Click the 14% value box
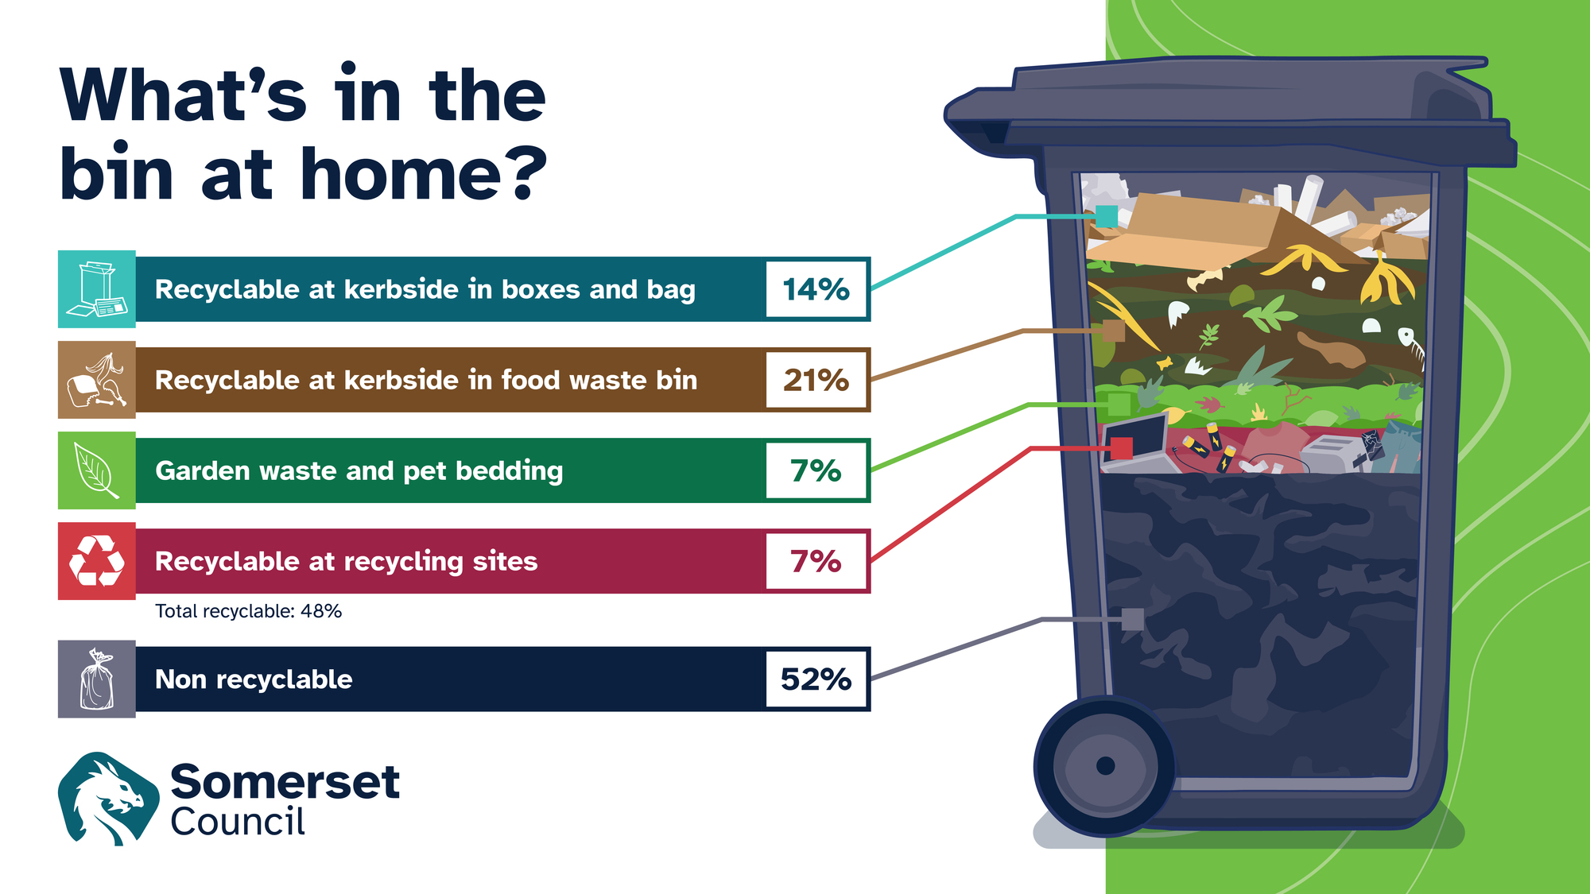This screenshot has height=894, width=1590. [816, 289]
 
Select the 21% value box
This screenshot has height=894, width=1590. [816, 380]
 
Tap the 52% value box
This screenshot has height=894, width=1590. [816, 679]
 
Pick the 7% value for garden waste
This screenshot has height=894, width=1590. [816, 470]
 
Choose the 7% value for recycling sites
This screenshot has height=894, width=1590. [816, 561]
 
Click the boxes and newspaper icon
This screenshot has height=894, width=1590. [97, 289]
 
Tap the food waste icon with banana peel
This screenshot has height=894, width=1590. [97, 380]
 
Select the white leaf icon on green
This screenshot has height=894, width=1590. [97, 470]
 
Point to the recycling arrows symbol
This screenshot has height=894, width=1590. [97, 561]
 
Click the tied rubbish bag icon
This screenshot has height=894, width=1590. [97, 679]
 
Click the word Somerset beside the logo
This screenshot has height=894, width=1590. [285, 782]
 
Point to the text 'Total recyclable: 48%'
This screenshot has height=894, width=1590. [248, 611]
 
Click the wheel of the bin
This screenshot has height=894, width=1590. [1105, 766]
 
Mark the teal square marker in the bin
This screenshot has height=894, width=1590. [1106, 216]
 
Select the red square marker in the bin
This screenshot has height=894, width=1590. [1121, 448]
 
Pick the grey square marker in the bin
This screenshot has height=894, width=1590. [1132, 619]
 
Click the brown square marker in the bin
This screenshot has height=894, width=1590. [1113, 331]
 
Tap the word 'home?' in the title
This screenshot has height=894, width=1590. [424, 173]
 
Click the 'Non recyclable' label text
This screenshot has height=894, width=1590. [254, 679]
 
